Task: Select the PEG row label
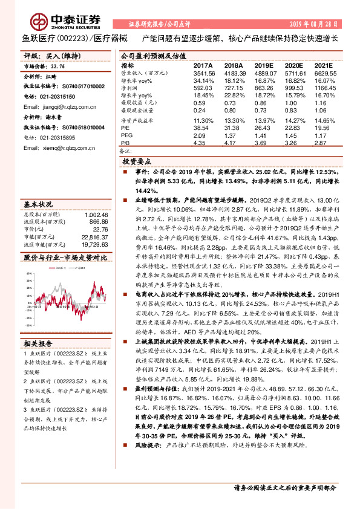(127, 135)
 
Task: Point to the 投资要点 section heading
(137, 163)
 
